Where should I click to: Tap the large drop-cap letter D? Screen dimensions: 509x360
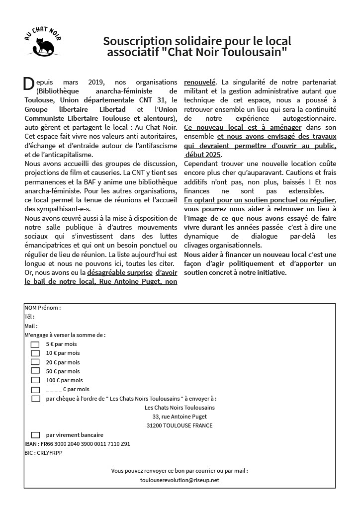tap(28, 85)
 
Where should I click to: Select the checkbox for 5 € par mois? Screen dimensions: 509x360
tap(35, 344)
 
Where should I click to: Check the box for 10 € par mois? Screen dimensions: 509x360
tap(35, 353)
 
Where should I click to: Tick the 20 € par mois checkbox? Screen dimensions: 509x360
tap(35, 362)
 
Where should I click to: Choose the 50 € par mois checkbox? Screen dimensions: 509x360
tap(35, 371)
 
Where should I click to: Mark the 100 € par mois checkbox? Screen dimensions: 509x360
tap(35, 380)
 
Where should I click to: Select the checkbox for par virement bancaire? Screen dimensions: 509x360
tap(35, 434)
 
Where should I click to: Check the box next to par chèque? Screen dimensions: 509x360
tap(35, 398)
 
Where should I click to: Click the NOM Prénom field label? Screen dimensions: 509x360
tap(42, 308)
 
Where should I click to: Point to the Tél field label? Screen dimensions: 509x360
tap(29, 317)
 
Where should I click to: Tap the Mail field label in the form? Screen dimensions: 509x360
tap(31, 326)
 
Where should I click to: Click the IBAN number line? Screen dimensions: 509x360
tap(77, 444)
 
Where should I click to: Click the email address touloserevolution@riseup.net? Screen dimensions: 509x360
tap(180, 480)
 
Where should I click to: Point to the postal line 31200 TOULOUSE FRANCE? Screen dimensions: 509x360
tap(180, 425)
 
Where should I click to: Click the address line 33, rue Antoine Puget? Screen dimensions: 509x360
tap(180, 417)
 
